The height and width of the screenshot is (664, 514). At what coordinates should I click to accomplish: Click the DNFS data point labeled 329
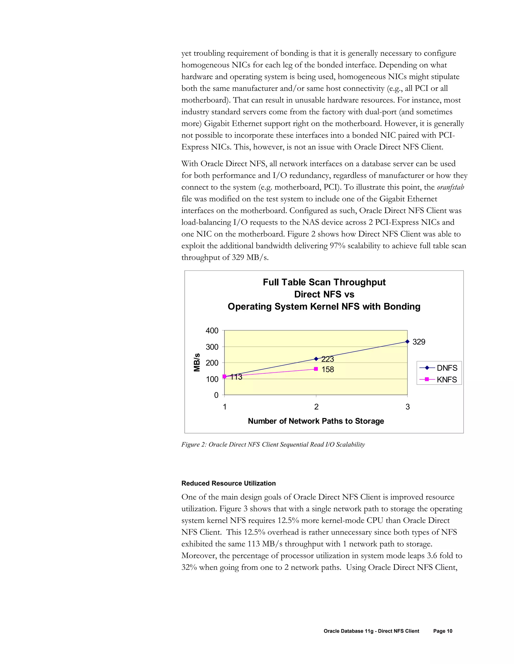pyautogui.click(x=407, y=342)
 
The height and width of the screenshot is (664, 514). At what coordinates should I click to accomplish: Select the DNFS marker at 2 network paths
pyautogui.click(x=316, y=359)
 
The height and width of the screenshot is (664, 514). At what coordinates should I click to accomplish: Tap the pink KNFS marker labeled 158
pyautogui.click(x=316, y=369)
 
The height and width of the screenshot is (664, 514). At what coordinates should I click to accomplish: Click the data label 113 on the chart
pyautogui.click(x=236, y=377)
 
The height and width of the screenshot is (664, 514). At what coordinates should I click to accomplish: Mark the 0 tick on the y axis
pyautogui.click(x=216, y=395)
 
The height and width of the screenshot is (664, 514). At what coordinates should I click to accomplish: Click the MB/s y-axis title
pyautogui.click(x=197, y=362)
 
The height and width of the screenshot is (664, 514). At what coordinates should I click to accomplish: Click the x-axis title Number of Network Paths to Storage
pyautogui.click(x=316, y=421)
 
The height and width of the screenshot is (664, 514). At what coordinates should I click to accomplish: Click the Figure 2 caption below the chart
pyautogui.click(x=273, y=445)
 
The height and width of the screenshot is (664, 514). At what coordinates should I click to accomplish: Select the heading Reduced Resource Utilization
pyautogui.click(x=228, y=483)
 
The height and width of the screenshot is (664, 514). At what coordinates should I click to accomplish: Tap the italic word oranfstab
pyautogui.click(x=450, y=187)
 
